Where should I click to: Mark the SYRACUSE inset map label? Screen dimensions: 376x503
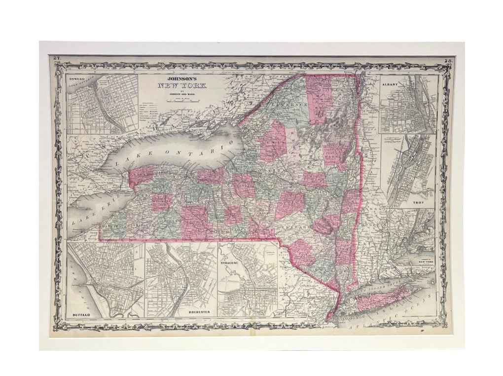pos(230,264)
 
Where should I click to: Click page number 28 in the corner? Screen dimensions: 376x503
pos(448,61)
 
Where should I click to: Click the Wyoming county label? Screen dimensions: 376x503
pos(161,202)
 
